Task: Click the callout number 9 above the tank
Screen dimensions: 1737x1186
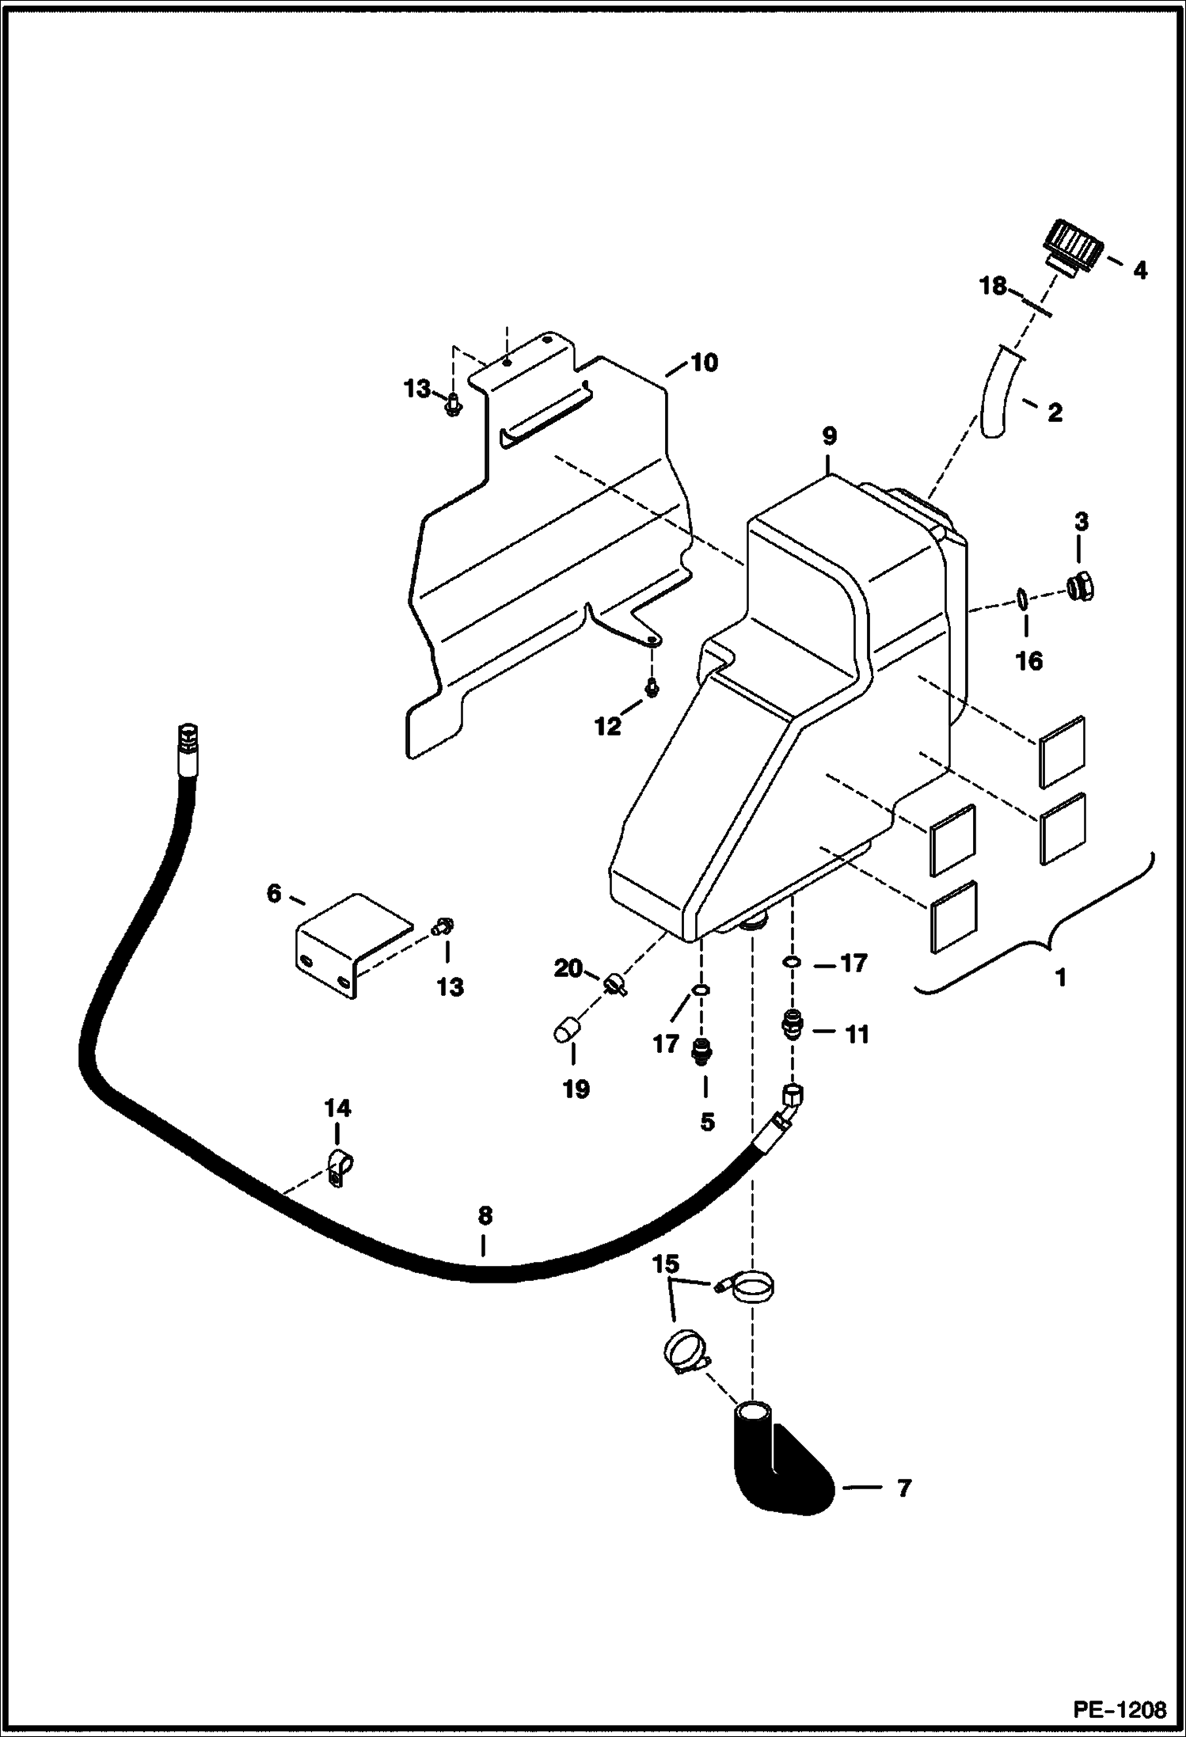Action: tap(829, 436)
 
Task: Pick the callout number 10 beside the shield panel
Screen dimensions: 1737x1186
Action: tap(704, 363)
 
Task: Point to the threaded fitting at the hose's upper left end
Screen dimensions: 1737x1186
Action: tap(188, 739)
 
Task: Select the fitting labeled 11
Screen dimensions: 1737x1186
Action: tap(791, 1027)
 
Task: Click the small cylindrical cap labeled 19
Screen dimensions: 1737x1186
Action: tap(565, 1032)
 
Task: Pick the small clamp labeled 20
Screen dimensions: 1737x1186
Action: tap(615, 984)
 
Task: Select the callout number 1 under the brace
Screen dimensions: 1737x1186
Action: tap(1061, 978)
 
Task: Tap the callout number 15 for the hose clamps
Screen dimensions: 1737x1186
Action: tap(666, 1264)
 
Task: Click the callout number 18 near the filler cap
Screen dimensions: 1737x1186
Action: tap(994, 286)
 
